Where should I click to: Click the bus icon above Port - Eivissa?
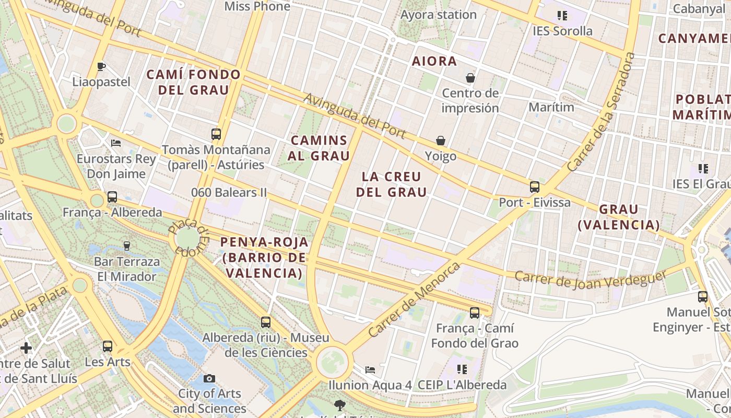[x=534, y=187]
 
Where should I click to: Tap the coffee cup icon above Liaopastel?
[x=101, y=66]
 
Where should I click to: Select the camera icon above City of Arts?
[x=209, y=378]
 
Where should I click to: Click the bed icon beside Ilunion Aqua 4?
[x=370, y=369]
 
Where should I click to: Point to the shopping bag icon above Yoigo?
[x=441, y=141]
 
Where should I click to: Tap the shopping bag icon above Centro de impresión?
[x=470, y=78]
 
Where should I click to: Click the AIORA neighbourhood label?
[x=434, y=61]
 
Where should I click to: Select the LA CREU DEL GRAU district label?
[x=391, y=184]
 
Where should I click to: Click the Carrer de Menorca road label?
[x=414, y=299]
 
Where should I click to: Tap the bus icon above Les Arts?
[x=108, y=346]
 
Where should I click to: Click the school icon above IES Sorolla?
[x=562, y=16]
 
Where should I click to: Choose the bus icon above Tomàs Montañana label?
[x=216, y=134]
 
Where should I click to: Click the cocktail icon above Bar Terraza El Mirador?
[x=126, y=246]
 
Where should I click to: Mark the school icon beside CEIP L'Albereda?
[x=462, y=369]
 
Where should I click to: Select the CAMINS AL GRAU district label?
[x=319, y=148]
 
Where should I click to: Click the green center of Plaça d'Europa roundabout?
[x=187, y=239]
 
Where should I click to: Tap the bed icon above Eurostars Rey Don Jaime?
[x=116, y=143]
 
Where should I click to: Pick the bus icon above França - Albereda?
[x=112, y=197]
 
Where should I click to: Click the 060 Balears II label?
[x=229, y=192]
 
